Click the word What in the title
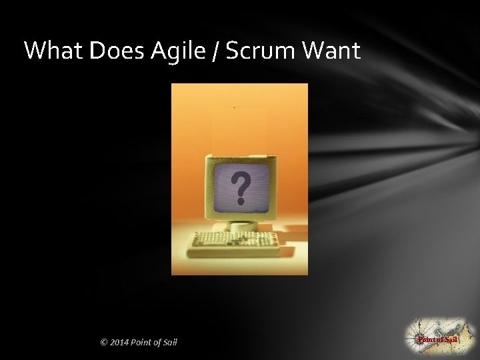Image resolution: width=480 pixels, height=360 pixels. [x=50, y=51]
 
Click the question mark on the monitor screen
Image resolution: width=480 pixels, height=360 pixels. [x=241, y=187]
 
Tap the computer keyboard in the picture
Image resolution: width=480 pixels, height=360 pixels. [x=234, y=244]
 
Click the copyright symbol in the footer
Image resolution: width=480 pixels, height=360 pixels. [x=103, y=343]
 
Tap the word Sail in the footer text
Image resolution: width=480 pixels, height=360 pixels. [x=169, y=343]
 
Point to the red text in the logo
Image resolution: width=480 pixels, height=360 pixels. [x=437, y=340]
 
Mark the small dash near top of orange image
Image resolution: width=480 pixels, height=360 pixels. [x=235, y=107]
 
